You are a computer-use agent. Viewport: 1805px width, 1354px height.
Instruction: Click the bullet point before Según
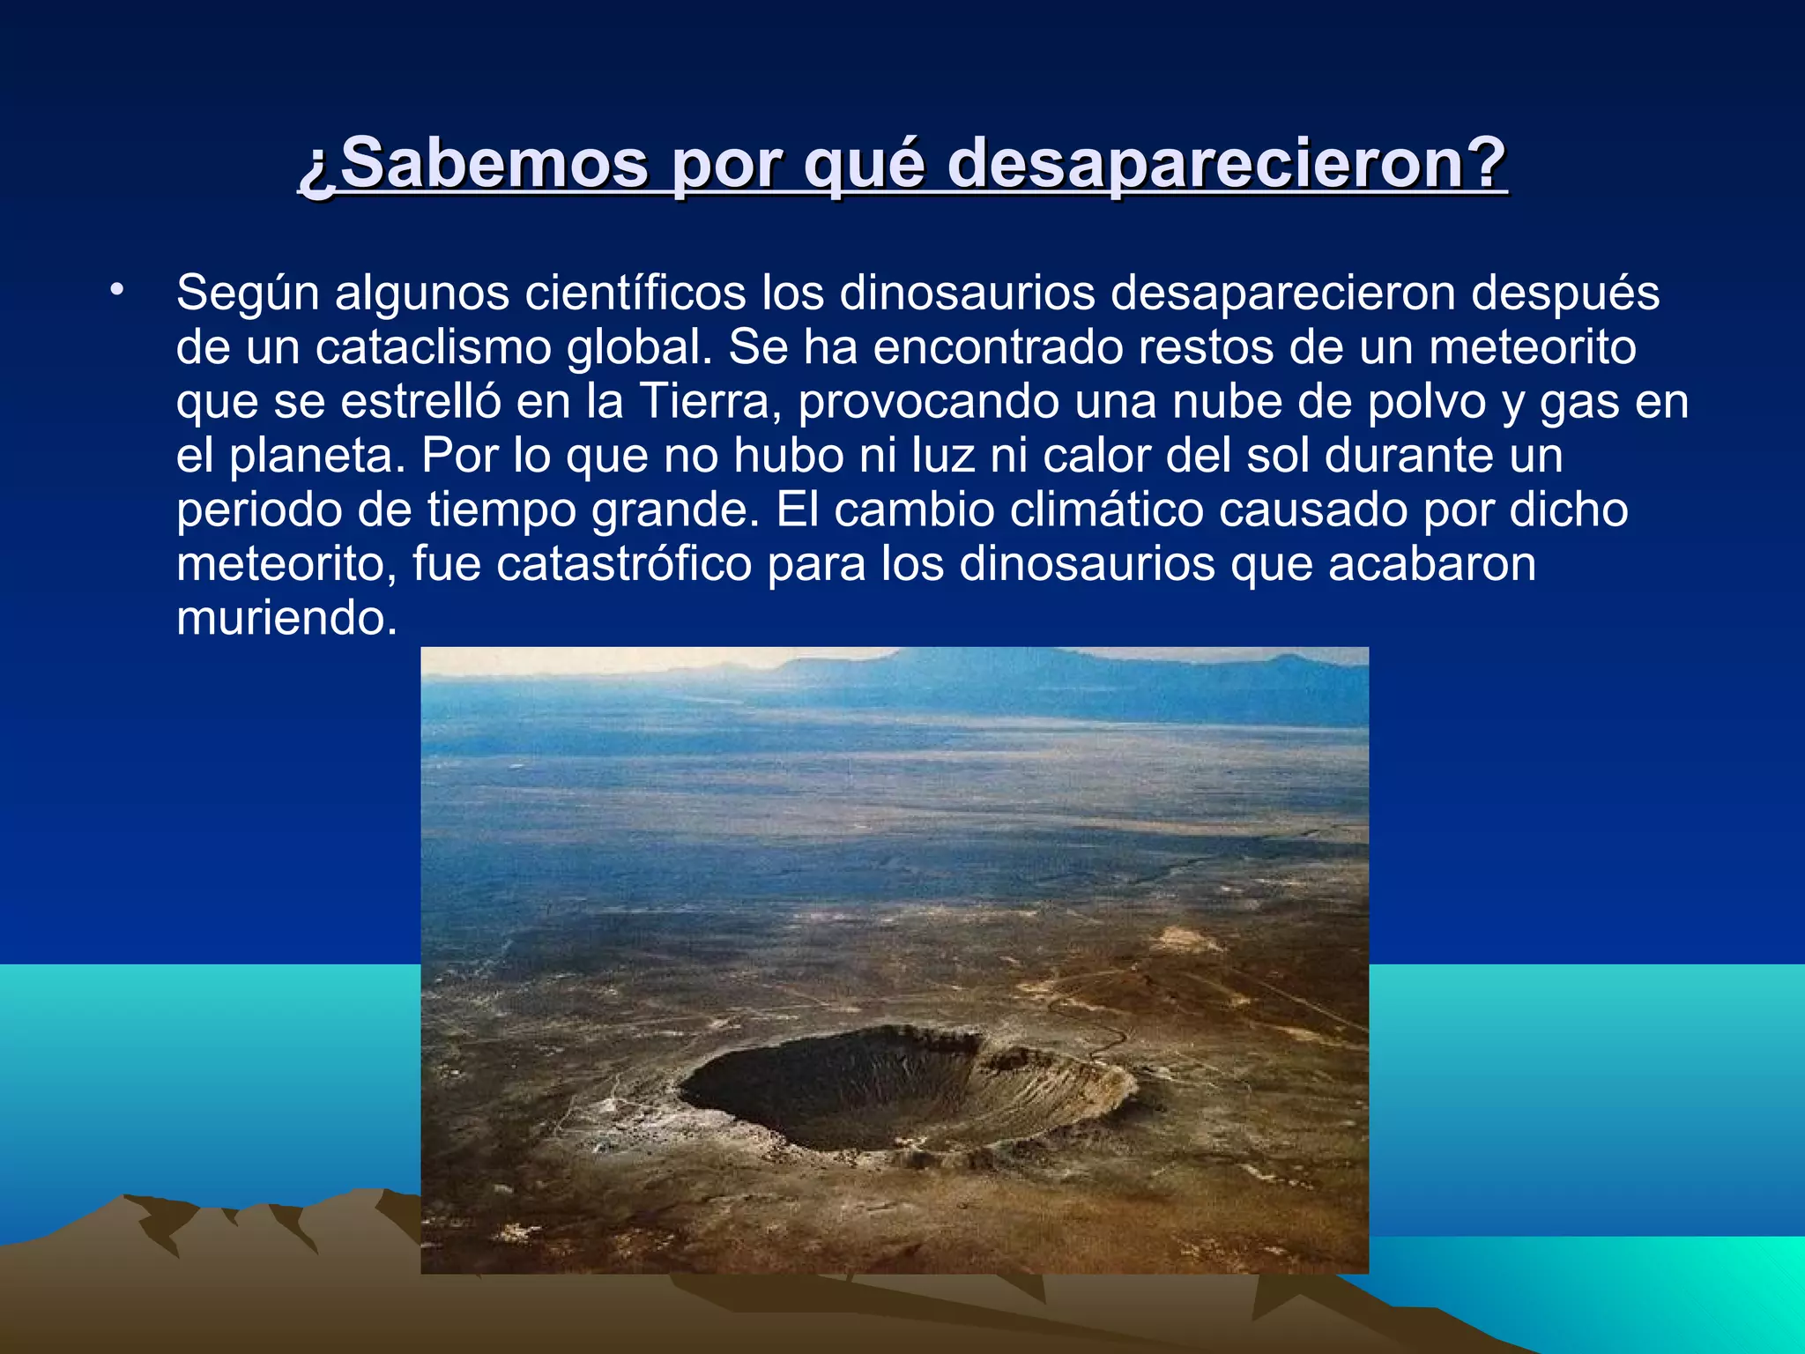115,290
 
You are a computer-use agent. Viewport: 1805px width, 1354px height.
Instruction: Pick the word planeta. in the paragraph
317,457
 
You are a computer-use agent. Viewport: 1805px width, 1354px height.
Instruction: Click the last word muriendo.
286,618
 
